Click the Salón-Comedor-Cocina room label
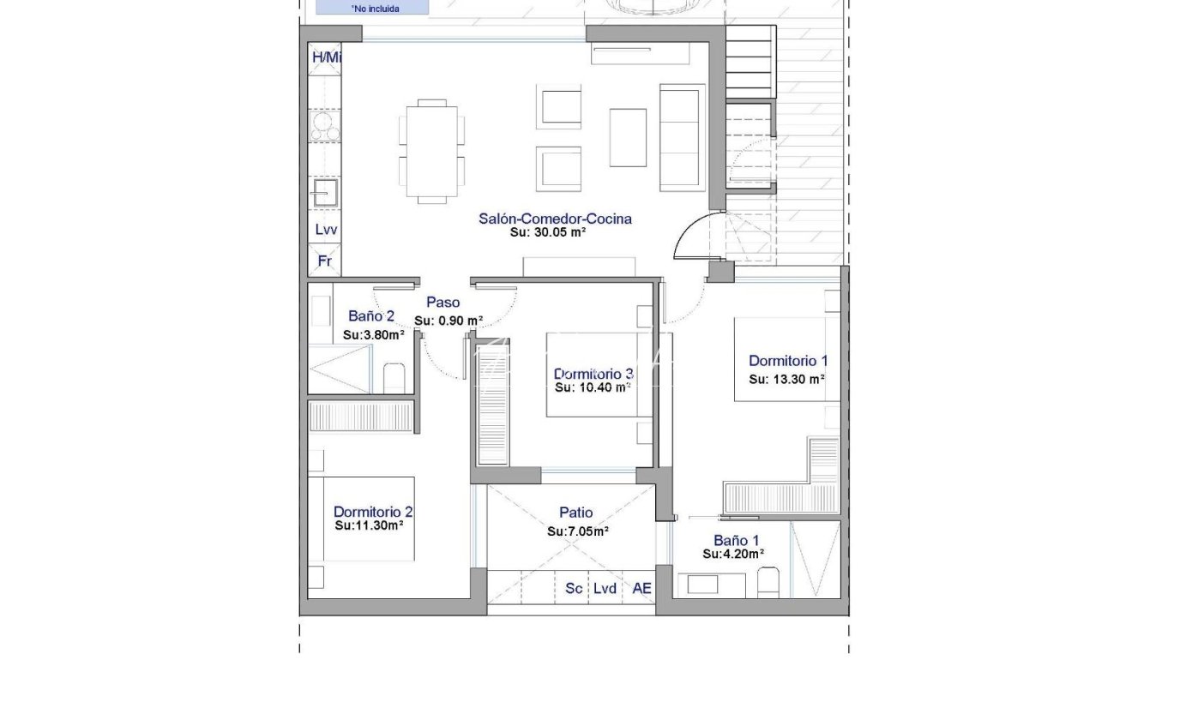tap(555, 219)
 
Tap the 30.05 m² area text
tap(548, 232)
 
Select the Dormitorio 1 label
tap(788, 361)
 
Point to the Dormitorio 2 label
tap(373, 512)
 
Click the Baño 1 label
tap(737, 540)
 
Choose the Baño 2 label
tap(371, 316)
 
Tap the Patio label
tap(575, 512)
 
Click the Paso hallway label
tap(442, 302)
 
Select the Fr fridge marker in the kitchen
tap(325, 261)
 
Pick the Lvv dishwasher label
tap(326, 230)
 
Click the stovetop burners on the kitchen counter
tap(325, 126)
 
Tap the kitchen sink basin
tap(325, 192)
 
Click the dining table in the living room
tap(431, 152)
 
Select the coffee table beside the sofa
tap(628, 138)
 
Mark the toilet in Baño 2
tap(394, 378)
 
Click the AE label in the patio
tap(641, 588)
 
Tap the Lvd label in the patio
tap(605, 588)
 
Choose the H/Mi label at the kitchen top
tap(326, 57)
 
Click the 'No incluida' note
tap(375, 9)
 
